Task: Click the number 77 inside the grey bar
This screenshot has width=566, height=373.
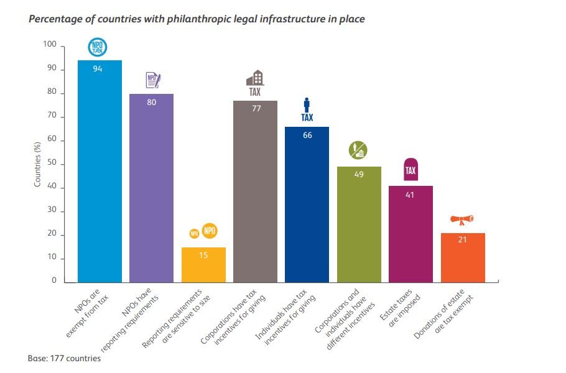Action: tap(255, 108)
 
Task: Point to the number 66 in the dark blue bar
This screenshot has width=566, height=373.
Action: tap(307, 135)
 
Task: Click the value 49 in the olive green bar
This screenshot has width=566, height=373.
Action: tap(359, 175)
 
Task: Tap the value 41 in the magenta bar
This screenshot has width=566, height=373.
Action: tap(411, 194)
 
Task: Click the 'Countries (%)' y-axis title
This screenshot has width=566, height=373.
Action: tap(38, 164)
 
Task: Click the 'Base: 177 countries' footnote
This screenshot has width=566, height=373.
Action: tap(64, 359)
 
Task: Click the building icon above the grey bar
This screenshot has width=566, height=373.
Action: tap(255, 78)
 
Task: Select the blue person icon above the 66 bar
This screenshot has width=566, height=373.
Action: tap(307, 104)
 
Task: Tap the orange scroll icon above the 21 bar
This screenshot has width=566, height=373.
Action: tap(462, 219)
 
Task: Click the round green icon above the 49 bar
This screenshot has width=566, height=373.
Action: tap(358, 150)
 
